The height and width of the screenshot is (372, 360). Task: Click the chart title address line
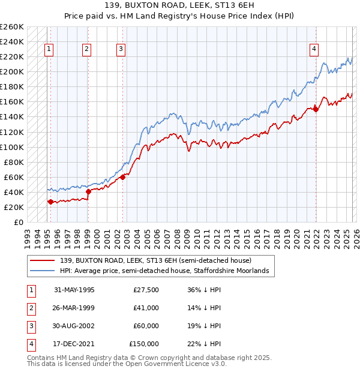coord(179,5)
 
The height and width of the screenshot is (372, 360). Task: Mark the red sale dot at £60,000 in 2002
coord(122,177)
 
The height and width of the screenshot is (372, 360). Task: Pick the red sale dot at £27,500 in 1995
coord(50,202)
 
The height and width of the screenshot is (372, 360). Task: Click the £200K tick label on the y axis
coord(12,71)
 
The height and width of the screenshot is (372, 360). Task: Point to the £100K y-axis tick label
coord(12,147)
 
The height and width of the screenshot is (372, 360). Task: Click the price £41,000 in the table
coord(146,308)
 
